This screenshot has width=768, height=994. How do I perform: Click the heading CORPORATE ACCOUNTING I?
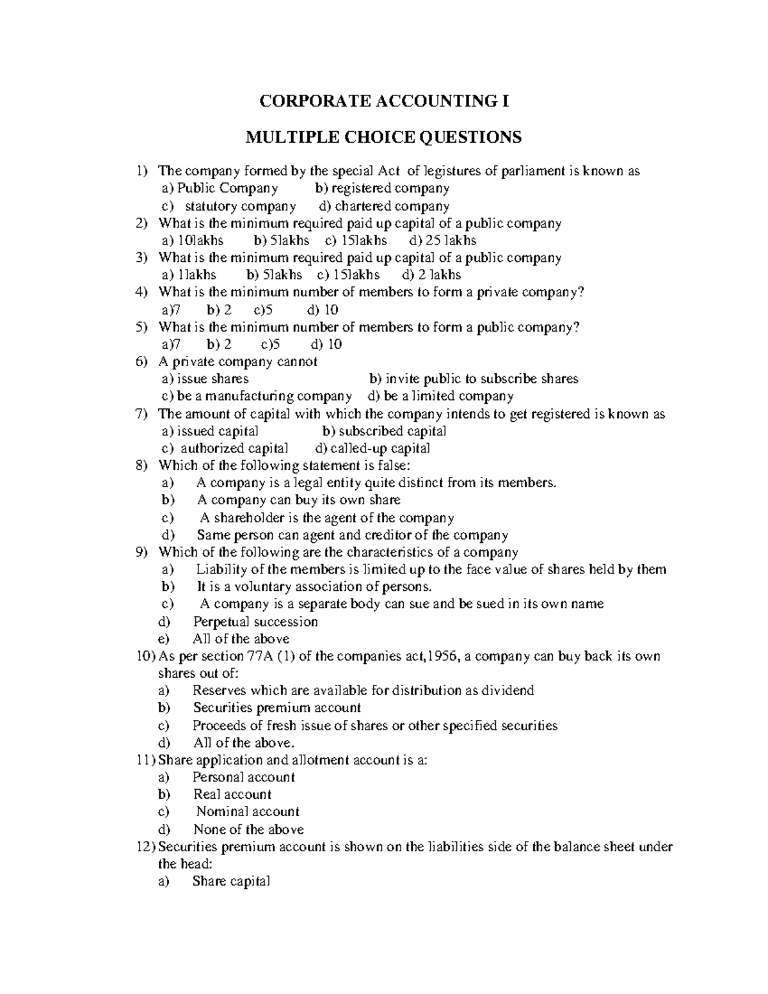point(384,101)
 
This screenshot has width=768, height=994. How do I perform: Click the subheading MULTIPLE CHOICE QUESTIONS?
point(384,137)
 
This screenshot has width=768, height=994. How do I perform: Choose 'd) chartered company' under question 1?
point(384,206)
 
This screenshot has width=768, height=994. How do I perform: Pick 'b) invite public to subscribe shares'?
point(474,379)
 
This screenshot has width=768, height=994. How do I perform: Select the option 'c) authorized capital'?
point(225,449)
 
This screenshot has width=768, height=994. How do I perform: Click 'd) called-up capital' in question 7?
point(373,449)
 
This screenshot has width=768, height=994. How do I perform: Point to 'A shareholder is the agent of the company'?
point(326,518)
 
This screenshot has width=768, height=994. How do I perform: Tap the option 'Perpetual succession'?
point(255,621)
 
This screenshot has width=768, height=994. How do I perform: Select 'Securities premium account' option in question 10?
point(276,708)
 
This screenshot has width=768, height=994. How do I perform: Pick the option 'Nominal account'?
point(248,812)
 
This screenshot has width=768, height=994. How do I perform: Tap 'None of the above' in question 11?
point(248,830)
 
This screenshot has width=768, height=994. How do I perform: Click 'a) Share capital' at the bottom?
point(230,882)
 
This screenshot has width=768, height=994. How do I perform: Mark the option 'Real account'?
point(232,794)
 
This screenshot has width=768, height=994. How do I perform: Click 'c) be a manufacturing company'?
point(256,396)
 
